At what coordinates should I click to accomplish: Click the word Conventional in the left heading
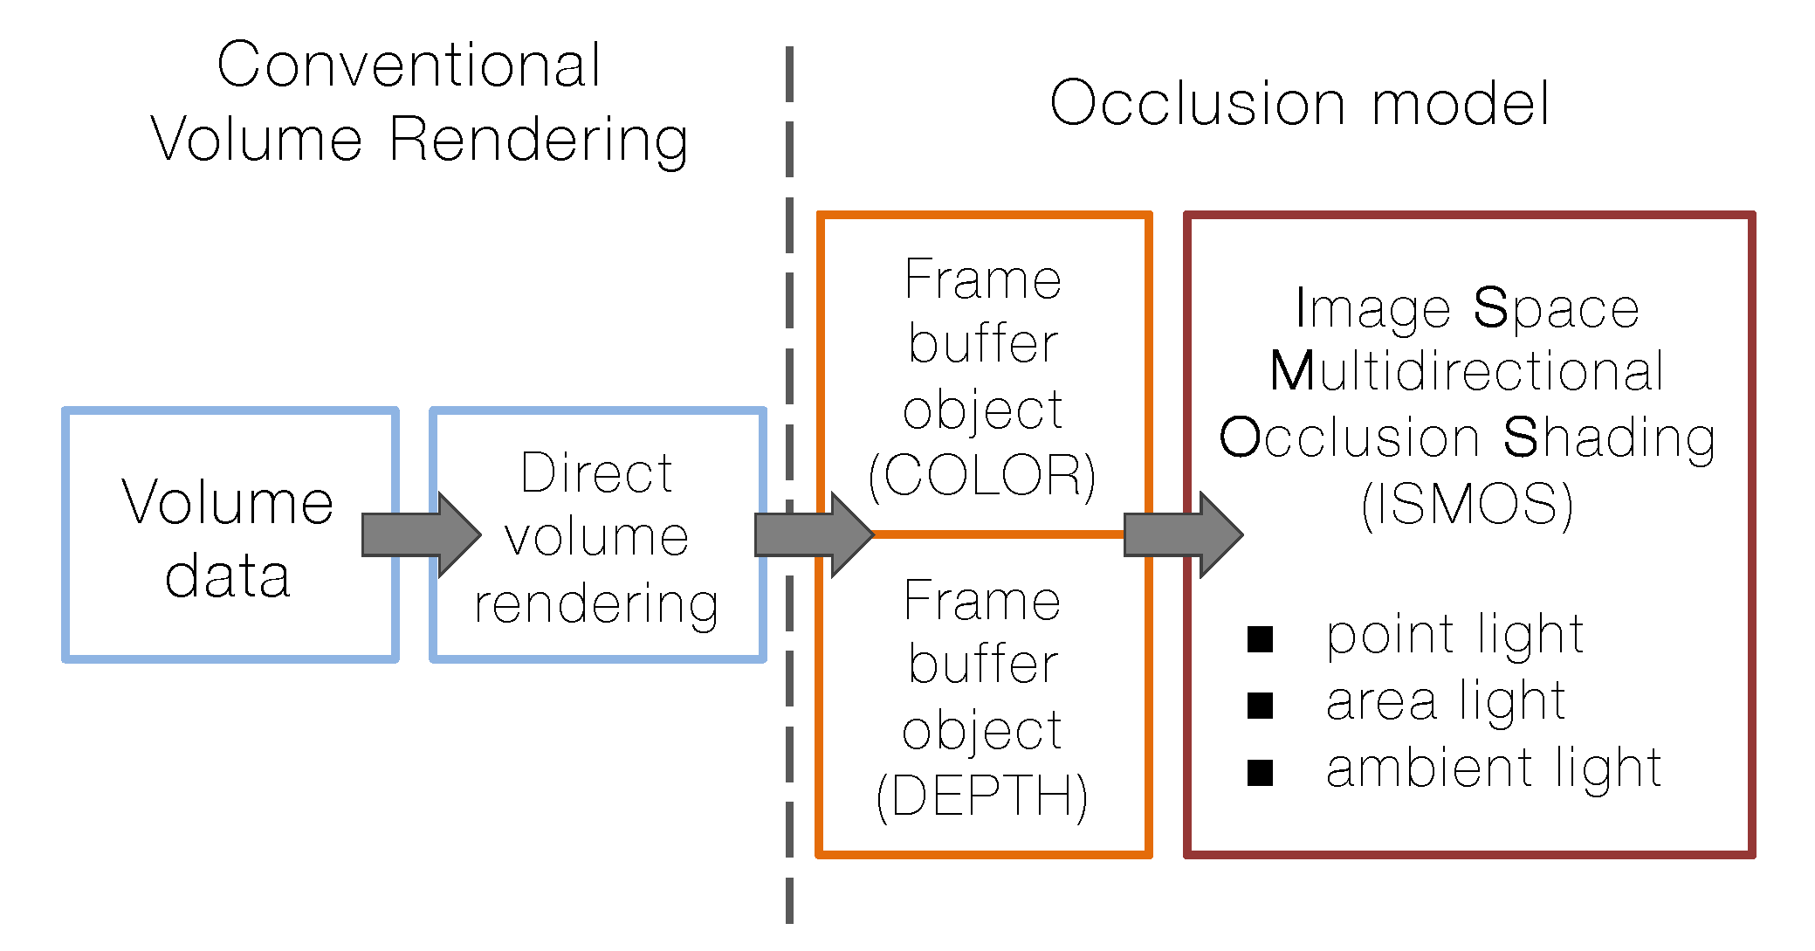click(x=409, y=65)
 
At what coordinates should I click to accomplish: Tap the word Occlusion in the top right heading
click(x=1197, y=104)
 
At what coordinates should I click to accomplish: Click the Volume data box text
click(x=228, y=538)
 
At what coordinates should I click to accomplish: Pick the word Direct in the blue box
click(x=596, y=474)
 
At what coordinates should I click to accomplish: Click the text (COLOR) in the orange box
click(x=982, y=476)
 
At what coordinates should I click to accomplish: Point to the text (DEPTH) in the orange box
click(x=982, y=796)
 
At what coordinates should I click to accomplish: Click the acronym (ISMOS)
click(x=1467, y=505)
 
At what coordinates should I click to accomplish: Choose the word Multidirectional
click(x=1467, y=372)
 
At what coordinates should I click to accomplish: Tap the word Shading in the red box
click(x=1609, y=438)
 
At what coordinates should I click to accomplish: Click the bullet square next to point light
click(x=1260, y=639)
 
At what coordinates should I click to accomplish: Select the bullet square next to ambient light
click(x=1260, y=773)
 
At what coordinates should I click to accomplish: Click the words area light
click(x=1446, y=701)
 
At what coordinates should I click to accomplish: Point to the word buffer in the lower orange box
click(x=983, y=665)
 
